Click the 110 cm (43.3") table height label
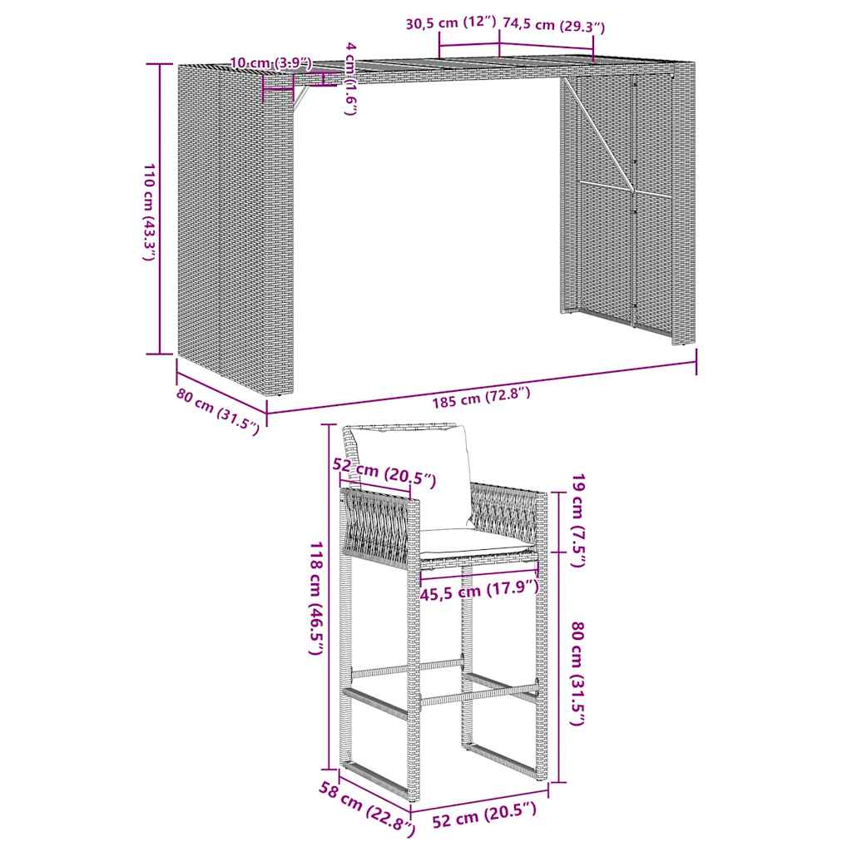point(147,213)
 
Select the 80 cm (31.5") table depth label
point(218,411)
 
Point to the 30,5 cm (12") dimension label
point(450,24)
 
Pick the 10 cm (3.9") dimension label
point(270,62)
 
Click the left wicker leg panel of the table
point(235,225)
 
